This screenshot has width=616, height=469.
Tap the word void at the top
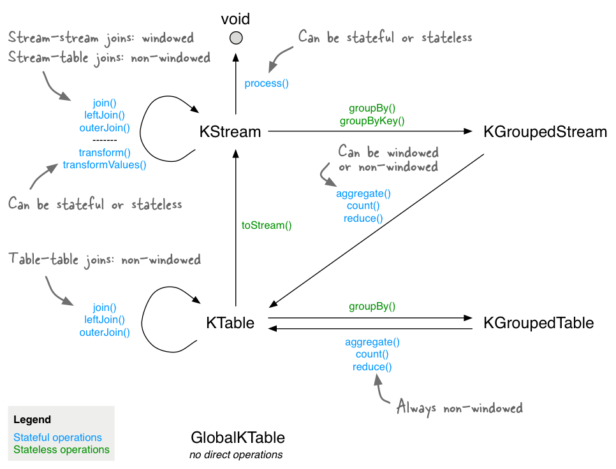pyautogui.click(x=236, y=18)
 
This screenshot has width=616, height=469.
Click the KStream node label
pyautogui.click(x=230, y=132)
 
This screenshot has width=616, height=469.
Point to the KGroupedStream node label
pyautogui.click(x=545, y=132)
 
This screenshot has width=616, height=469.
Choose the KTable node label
pyautogui.click(x=230, y=323)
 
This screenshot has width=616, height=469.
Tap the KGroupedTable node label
pyautogui.click(x=539, y=323)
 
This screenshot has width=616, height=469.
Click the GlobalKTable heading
pyautogui.click(x=237, y=438)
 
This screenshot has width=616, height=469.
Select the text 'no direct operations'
pyautogui.click(x=236, y=455)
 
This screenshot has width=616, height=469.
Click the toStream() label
pyautogui.click(x=267, y=225)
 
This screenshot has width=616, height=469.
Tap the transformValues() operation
pyautogui.click(x=105, y=165)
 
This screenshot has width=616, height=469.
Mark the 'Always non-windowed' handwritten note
pyautogui.click(x=459, y=407)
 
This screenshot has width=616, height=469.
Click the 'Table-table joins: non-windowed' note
pyautogui.click(x=105, y=259)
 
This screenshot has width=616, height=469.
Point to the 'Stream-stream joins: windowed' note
pyautogui.click(x=101, y=38)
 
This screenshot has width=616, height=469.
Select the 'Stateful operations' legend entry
pyautogui.click(x=57, y=438)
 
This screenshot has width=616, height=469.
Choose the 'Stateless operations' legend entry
pyautogui.click(x=61, y=450)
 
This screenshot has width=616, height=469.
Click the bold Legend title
pyautogui.click(x=32, y=420)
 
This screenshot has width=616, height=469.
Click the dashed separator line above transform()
pyautogui.click(x=105, y=140)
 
